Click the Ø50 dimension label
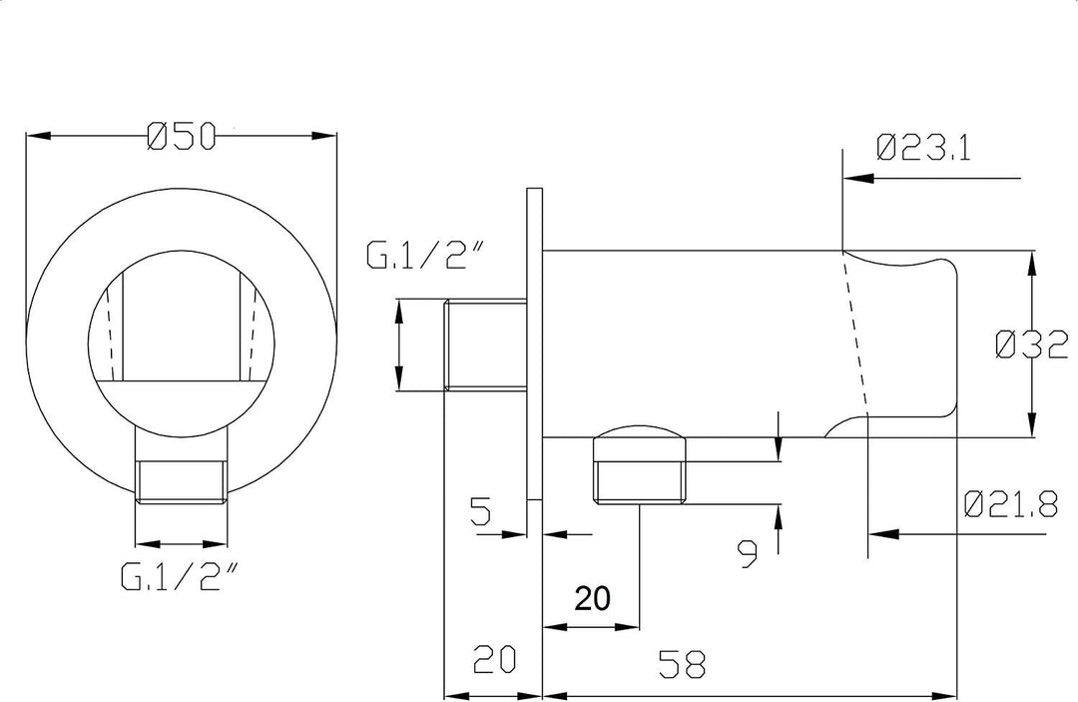pos(182,136)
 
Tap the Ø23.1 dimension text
pos(924,148)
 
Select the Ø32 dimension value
pos(1032,345)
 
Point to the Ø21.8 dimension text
pos(1010,504)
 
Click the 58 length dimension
pos(682,665)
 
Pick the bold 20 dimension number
pos(592,598)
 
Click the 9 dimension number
pos(748,554)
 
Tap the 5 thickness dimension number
pos(481,511)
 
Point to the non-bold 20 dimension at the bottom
pos(494,659)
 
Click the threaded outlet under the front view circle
pos(182,482)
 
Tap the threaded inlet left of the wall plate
pos(486,345)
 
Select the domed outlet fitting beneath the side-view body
pos(640,464)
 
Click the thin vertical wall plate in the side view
pos(535,344)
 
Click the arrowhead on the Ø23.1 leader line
pos(857,179)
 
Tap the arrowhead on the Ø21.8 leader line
pos(882,533)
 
